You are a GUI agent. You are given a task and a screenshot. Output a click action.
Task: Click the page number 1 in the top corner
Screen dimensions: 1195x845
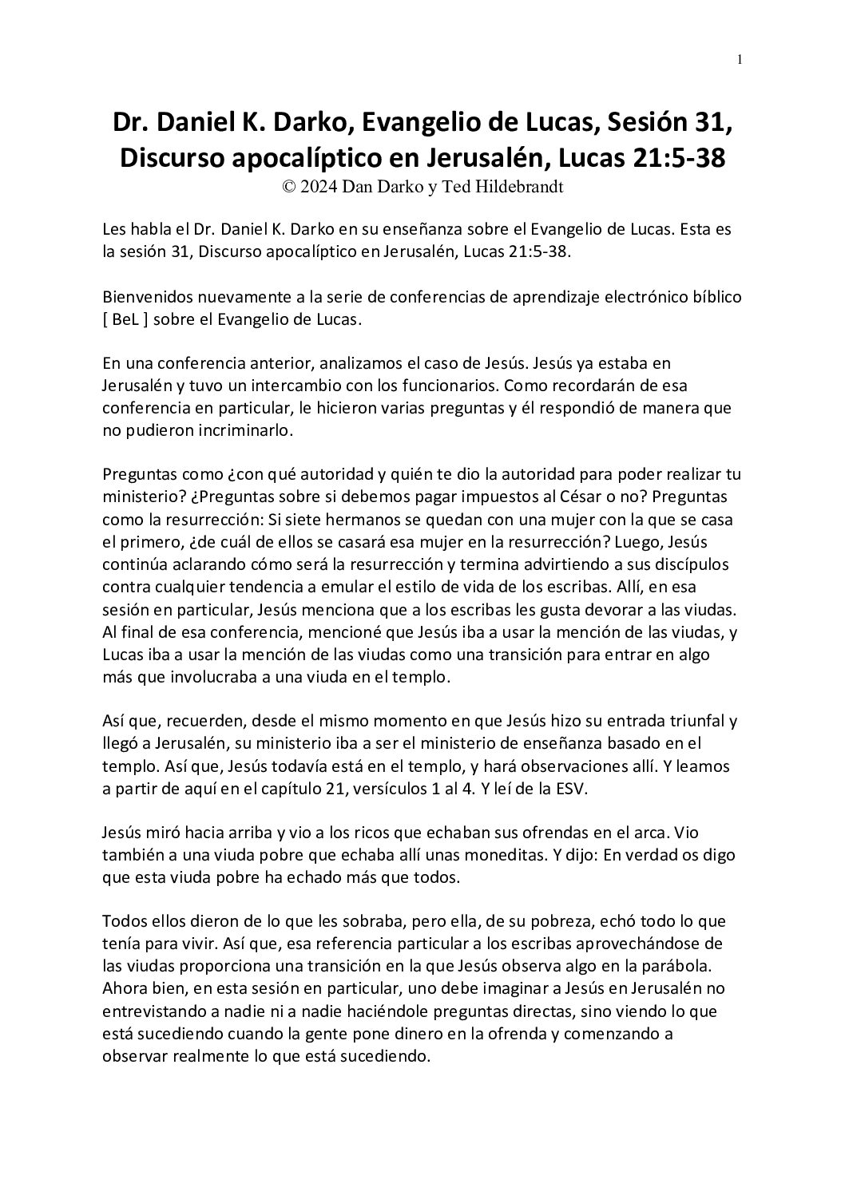(x=740, y=59)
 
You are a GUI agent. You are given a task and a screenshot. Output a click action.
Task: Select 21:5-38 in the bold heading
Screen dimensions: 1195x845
(x=672, y=158)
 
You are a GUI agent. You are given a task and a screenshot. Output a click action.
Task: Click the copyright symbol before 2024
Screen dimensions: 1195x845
(x=289, y=187)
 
